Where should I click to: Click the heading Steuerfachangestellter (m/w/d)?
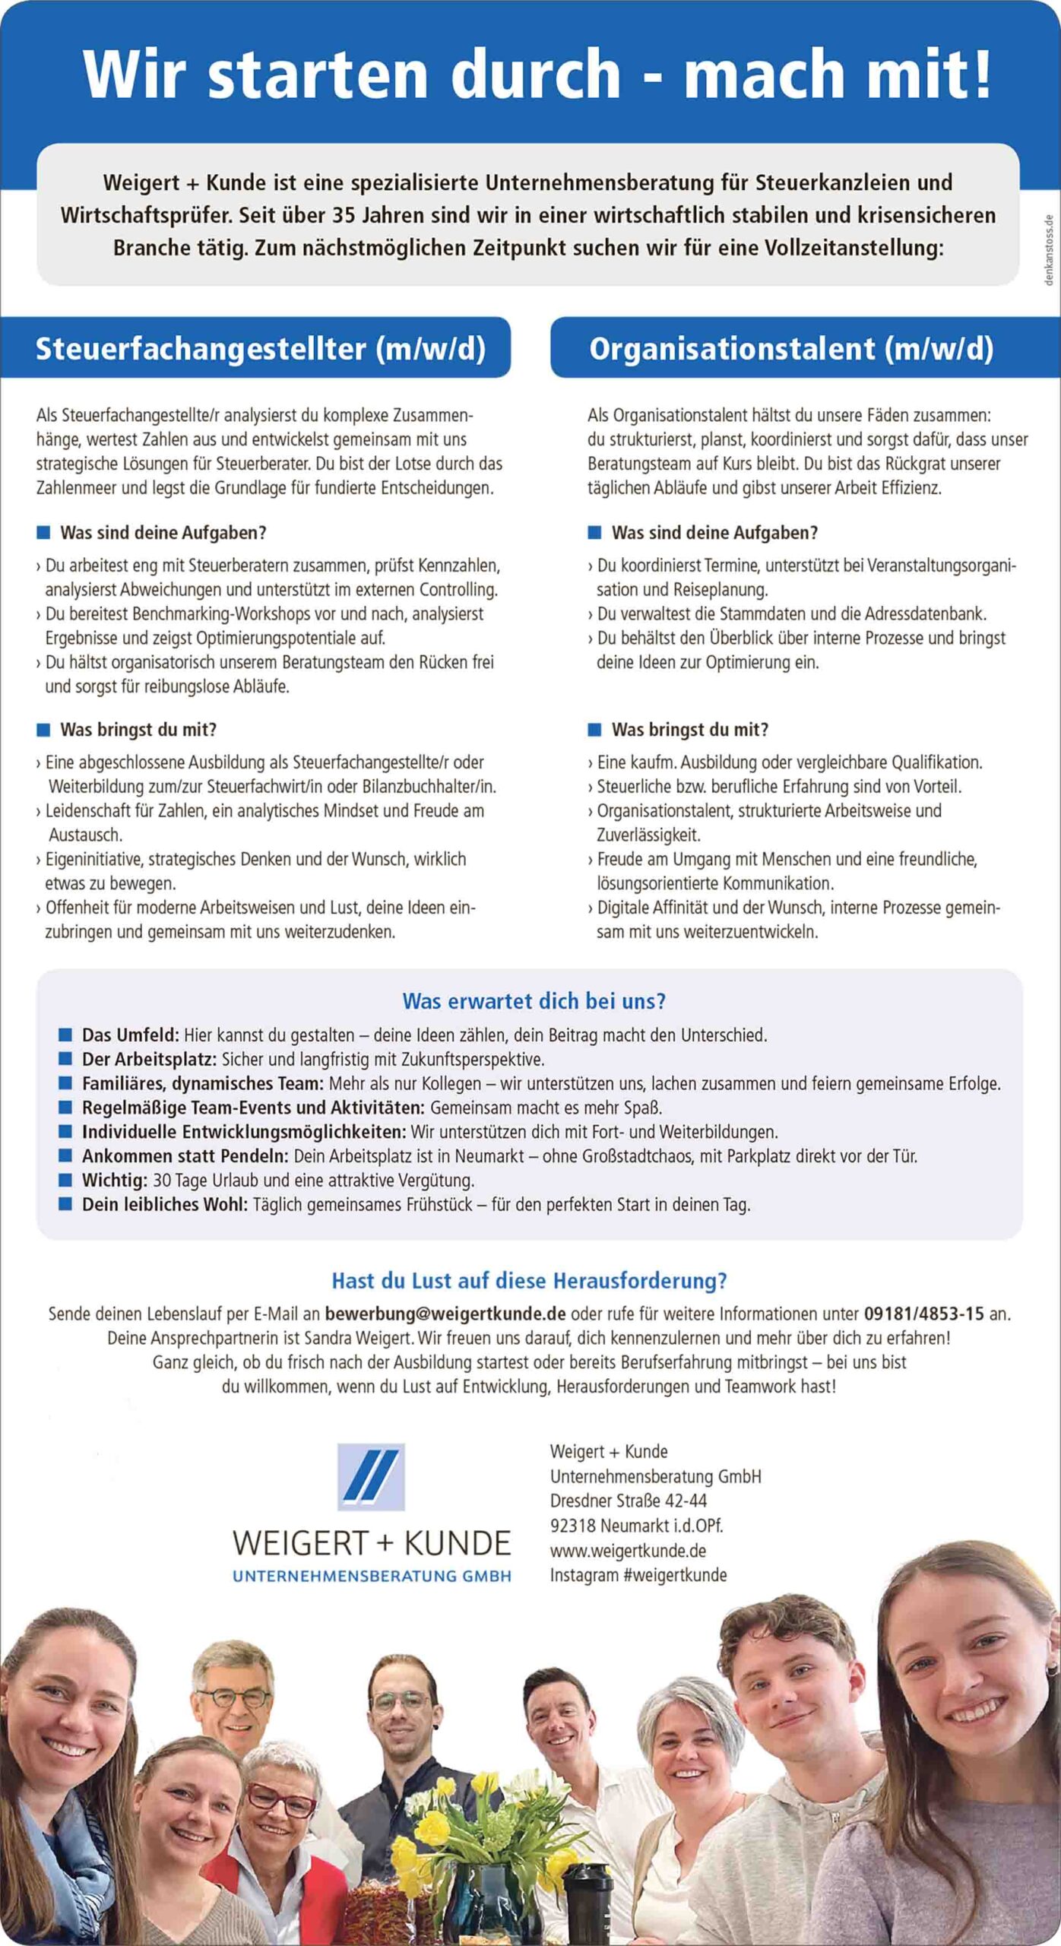point(260,349)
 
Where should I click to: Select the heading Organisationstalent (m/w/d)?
point(791,349)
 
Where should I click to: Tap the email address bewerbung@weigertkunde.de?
point(445,1314)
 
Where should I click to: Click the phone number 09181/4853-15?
point(923,1314)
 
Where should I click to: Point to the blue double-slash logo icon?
point(371,1476)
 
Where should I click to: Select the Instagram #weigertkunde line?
point(638,1574)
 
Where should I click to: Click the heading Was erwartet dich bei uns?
point(534,1001)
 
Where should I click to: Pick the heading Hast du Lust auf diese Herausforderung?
point(529,1281)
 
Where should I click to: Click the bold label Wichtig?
point(115,1181)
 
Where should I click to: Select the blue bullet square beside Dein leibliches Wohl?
point(65,1204)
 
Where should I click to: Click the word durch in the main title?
point(536,74)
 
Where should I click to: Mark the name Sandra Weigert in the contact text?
point(359,1338)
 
